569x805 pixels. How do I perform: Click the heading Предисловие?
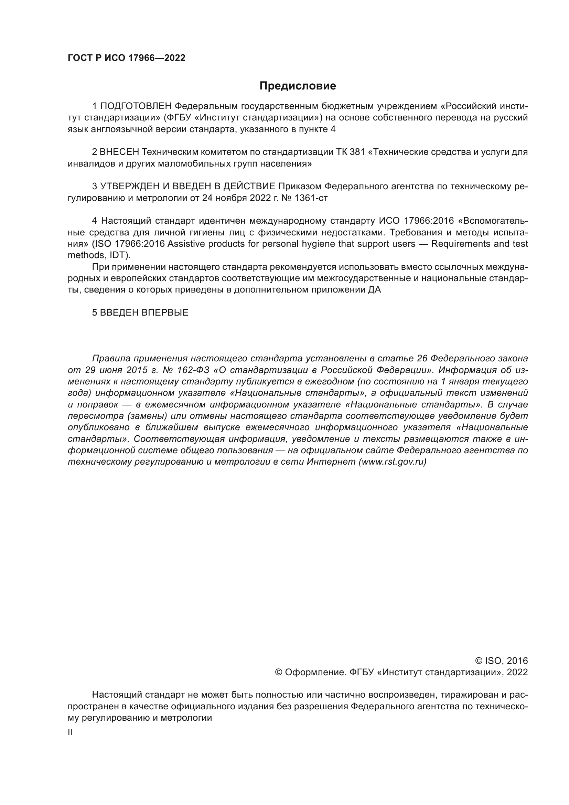[298, 86]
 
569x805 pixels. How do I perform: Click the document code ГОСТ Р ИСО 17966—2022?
[126, 58]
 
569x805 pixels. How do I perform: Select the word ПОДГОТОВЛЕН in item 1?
[136, 106]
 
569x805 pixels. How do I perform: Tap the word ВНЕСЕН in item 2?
[119, 152]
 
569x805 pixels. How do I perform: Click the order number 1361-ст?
[311, 198]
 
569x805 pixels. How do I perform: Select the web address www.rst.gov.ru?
[393, 462]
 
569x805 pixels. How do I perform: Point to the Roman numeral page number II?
[70, 732]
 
